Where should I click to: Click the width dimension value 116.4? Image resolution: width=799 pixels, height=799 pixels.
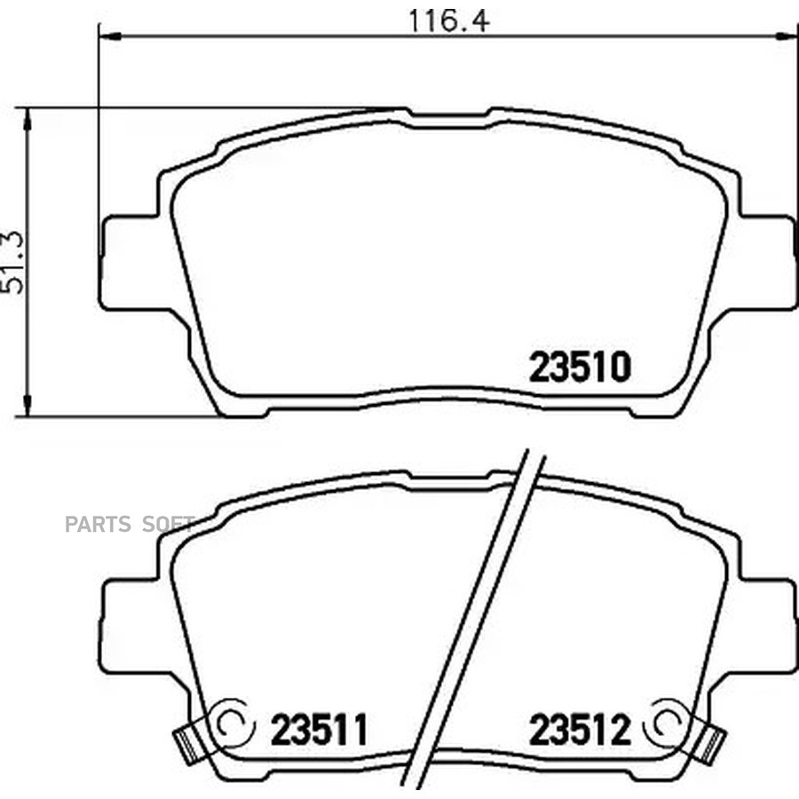(x=449, y=21)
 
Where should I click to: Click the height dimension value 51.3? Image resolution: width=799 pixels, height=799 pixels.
(x=12, y=263)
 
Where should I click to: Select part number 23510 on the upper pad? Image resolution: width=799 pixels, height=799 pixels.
(x=580, y=367)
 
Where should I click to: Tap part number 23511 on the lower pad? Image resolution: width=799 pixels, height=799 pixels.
(x=319, y=729)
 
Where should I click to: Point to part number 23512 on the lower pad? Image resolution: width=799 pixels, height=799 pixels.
(x=580, y=729)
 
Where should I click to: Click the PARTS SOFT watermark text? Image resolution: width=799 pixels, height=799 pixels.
(x=130, y=524)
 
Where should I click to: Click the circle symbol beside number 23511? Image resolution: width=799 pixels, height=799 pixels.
(x=233, y=723)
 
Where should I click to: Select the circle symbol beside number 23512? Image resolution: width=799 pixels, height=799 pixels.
(x=666, y=723)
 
